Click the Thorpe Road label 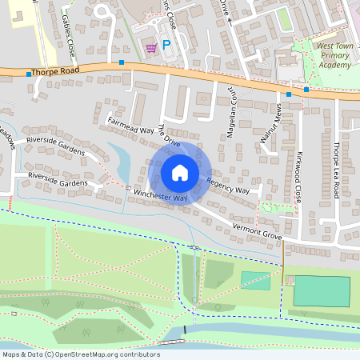[x=58, y=70]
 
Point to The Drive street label [x=169, y=135]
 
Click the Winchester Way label [x=160, y=194]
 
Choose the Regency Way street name [x=228, y=187]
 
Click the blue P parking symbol [x=166, y=46]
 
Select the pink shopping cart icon [x=151, y=48]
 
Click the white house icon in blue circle [x=180, y=173]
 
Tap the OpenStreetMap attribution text [x=81, y=354]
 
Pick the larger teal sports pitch [x=322, y=290]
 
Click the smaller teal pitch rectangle [x=255, y=280]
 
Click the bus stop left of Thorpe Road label [x=29, y=74]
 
